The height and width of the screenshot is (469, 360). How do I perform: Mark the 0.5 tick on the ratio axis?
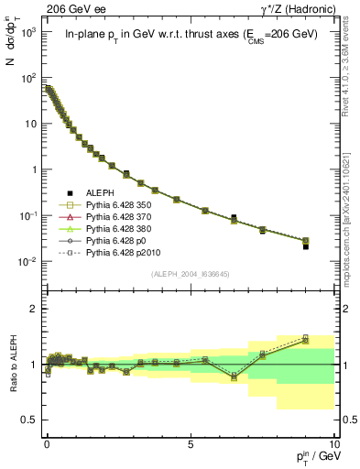(33, 420)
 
